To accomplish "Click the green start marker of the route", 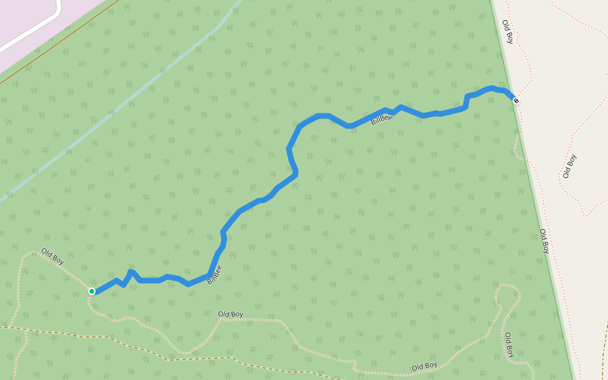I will click(92, 291).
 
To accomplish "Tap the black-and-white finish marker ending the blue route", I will click(516, 101).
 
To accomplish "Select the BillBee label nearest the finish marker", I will click(381, 118).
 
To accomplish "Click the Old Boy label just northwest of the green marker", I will click(53, 256).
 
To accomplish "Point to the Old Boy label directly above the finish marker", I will click(507, 32).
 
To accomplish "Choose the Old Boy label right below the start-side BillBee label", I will click(231, 314).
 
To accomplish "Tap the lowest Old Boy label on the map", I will click(424, 366).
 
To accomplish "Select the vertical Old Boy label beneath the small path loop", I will click(509, 344).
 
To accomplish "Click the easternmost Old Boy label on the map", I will click(569, 166).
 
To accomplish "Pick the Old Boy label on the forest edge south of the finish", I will click(543, 241).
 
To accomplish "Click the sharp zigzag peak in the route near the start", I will click(130, 272).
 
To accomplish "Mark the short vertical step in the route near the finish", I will click(467, 101).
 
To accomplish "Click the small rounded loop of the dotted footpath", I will click(508, 292).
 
